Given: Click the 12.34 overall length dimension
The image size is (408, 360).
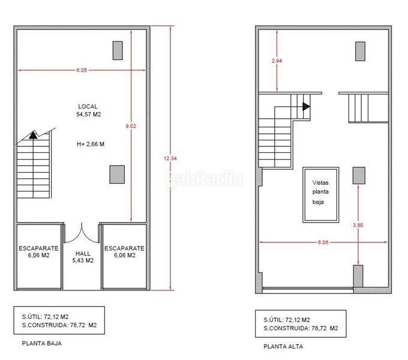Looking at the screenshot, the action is coord(170,158).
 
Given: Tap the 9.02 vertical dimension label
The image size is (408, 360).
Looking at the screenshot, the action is coord(131,126).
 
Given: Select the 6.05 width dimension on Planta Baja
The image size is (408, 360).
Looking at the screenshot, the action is coord(82,70).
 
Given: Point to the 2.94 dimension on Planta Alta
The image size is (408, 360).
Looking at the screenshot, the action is coord(277,61).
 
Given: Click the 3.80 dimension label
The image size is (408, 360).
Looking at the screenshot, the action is coord(358,225).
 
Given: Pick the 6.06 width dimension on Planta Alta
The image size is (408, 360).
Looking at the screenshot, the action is coord(323,242).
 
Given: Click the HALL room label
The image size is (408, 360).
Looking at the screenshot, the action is coord(83,253).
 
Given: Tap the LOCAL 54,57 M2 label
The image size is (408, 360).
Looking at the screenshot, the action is coord(88,110).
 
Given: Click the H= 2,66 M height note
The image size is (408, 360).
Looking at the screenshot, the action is coord(91,144).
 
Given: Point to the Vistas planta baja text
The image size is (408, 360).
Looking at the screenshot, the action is coord(320,192).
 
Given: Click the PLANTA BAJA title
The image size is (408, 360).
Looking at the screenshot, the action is coord(42,343).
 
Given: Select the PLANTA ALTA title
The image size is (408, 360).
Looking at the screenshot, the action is coord(283,346).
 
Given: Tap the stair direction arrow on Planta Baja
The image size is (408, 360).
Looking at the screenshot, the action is coord(33,135).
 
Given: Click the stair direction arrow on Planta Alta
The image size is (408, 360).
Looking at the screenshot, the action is coord(306,106).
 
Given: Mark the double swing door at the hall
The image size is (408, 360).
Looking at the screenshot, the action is coord(82,233).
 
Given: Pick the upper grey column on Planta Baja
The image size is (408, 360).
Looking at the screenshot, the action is coord(118,50).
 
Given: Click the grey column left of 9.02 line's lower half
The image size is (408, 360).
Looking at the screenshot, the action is coord(117,174).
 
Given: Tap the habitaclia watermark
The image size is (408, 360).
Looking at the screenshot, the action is coord(204,179).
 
